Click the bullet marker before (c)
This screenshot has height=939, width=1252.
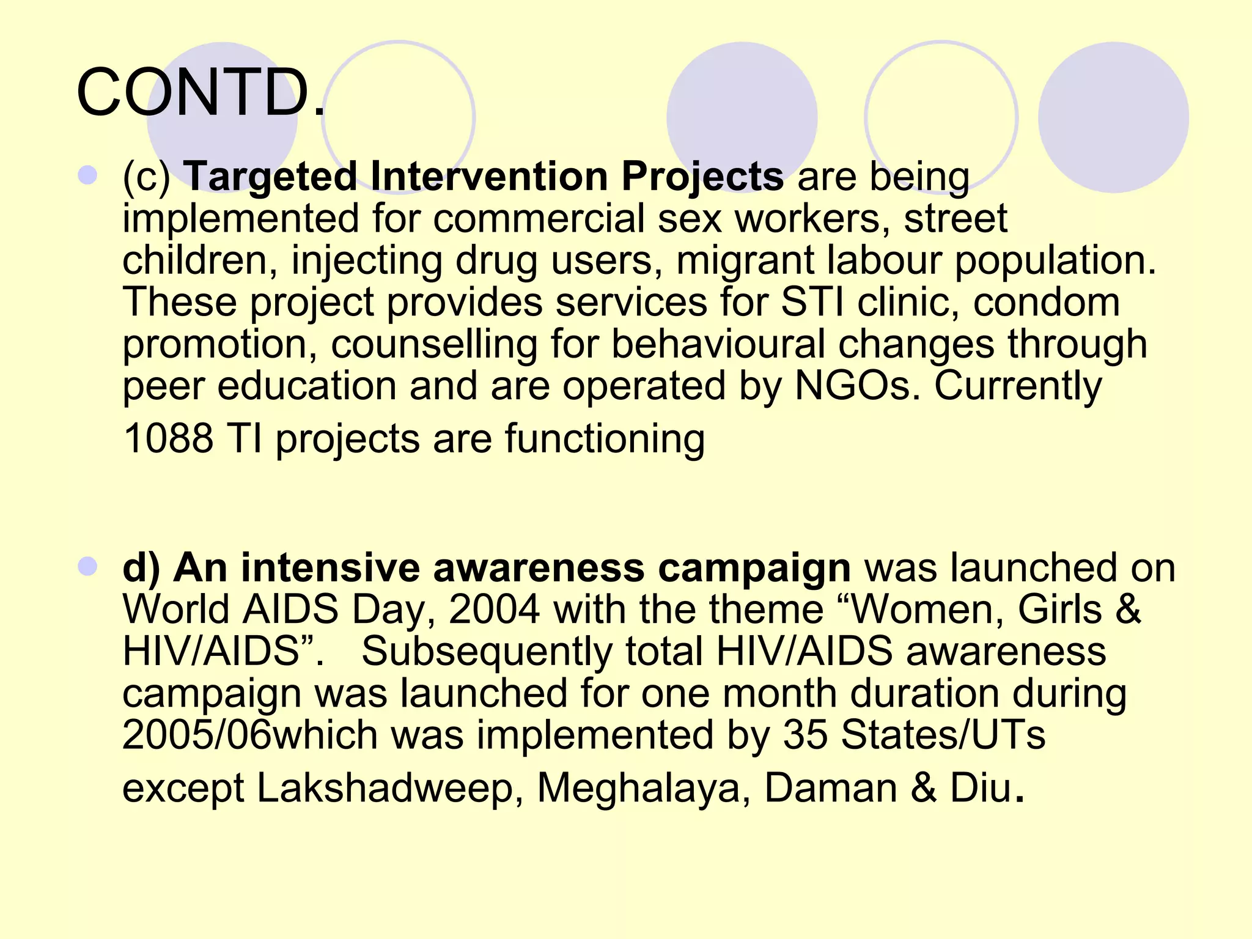pos(88,175)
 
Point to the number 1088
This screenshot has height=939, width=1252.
pos(168,439)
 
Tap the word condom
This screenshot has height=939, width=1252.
pos(1047,303)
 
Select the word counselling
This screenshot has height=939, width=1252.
pos(434,344)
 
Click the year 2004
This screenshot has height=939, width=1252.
pos(495,609)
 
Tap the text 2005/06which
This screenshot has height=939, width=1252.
pos(250,735)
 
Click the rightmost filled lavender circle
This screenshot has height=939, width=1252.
pos(1113,117)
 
